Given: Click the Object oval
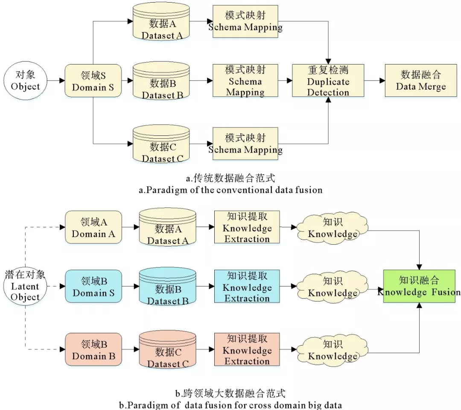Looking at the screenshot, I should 25,80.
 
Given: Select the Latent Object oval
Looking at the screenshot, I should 25,286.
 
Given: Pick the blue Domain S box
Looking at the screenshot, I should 93,287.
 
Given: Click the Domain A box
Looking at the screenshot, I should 93,228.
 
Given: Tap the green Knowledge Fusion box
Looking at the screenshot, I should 419,286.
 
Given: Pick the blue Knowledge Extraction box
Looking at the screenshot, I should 247,287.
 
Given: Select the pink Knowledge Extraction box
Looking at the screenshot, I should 247,350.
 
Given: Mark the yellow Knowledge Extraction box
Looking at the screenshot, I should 247,228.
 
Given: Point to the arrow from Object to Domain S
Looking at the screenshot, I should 55,80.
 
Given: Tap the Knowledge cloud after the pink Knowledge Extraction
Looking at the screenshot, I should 333,350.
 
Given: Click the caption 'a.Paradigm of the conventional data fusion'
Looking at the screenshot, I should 231,190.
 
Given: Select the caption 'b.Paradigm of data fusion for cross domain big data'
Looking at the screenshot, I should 230,404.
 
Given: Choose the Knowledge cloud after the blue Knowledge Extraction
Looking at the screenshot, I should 333,287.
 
